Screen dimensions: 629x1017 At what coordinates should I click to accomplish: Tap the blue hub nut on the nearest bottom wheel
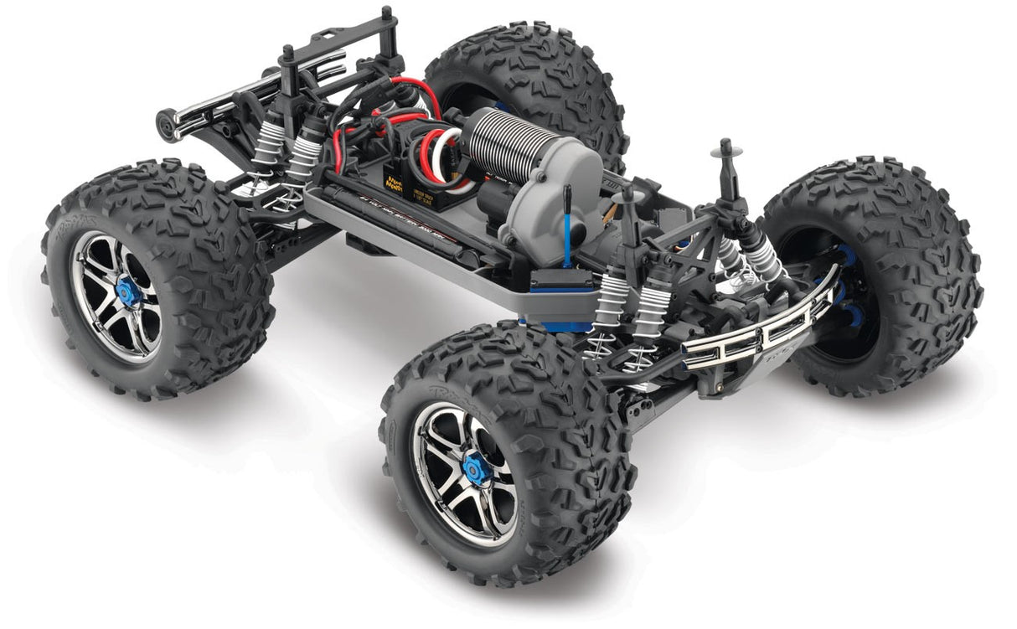(477, 463)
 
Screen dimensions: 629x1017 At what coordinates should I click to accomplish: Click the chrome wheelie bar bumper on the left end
(251, 84)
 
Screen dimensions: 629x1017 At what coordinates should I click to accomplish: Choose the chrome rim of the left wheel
(117, 293)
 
